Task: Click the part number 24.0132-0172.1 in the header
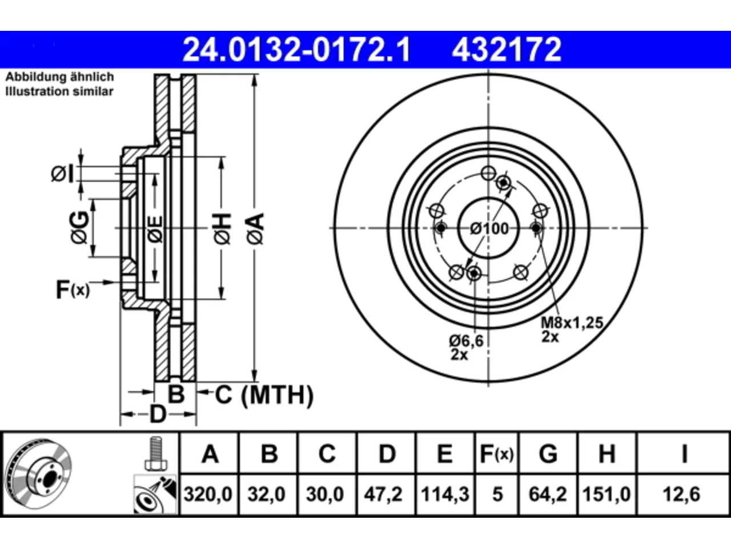(296, 50)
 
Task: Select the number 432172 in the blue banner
(507, 50)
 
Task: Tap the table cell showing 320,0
(208, 494)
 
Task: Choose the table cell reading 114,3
(445, 494)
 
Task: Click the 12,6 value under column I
(682, 494)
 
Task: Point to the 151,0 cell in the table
(607, 494)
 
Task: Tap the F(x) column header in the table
(496, 454)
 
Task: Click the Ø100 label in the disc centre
(489, 228)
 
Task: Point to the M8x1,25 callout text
(572, 323)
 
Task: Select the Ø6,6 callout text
(466, 341)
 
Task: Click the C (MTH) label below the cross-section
(264, 395)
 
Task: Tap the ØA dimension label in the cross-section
(255, 229)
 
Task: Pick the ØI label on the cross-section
(62, 174)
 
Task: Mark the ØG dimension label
(79, 227)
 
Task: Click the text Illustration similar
(59, 91)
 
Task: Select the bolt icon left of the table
(156, 453)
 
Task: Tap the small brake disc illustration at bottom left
(39, 474)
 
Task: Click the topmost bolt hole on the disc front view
(488, 173)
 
